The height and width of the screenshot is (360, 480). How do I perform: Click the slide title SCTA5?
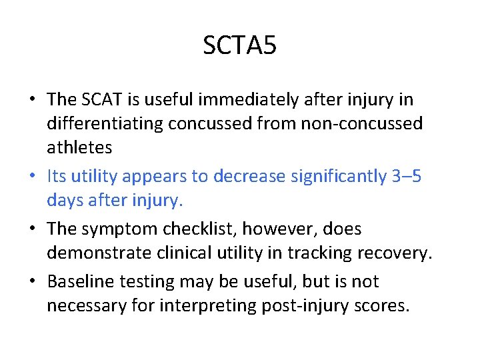coord(239,46)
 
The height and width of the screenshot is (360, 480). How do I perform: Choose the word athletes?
coord(79,148)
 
